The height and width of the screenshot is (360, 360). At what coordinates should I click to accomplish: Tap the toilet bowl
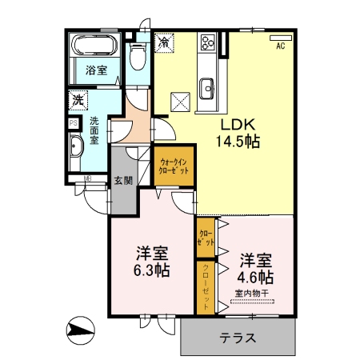[x=137, y=55]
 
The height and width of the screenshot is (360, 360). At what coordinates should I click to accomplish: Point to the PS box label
[x=73, y=123]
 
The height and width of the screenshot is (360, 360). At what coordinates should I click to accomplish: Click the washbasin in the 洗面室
[x=74, y=147]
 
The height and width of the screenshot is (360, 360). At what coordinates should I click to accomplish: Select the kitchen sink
[x=206, y=86]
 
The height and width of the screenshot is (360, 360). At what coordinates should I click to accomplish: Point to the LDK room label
[x=238, y=125]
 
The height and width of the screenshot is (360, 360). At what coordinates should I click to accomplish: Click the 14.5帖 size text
[x=238, y=142]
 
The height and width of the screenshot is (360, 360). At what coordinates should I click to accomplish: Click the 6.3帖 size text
[x=151, y=270]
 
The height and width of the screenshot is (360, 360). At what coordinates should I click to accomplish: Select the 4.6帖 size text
[x=256, y=277]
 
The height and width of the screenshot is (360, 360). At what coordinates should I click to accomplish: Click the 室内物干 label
[x=252, y=293]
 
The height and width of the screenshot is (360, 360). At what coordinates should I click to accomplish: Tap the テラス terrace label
[x=238, y=338]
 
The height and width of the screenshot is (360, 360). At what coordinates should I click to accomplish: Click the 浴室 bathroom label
[x=97, y=70]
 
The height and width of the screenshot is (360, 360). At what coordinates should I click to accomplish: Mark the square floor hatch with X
[x=181, y=101]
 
